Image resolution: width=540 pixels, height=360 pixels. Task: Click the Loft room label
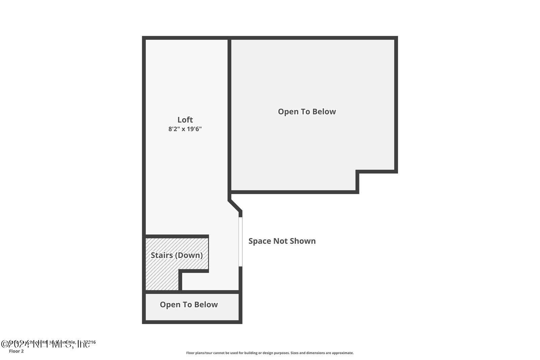[185, 120]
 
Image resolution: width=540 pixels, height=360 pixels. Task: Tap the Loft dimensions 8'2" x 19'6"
[185, 129]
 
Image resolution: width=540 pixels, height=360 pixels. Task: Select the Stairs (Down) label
[177, 255]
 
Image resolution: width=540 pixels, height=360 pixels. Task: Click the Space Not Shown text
[282, 241]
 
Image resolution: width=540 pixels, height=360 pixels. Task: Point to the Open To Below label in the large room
[306, 112]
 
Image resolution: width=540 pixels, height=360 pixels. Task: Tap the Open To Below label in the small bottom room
[189, 305]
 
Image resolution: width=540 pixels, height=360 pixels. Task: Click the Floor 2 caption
[16, 351]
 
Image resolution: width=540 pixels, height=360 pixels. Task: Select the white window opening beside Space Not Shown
[240, 241]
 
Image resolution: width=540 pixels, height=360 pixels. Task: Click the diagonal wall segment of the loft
[235, 206]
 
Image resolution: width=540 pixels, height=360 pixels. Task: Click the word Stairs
[162, 255]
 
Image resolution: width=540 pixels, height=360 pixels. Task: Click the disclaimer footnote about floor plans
[270, 353]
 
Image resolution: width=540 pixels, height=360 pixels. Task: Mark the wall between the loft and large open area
[230, 115]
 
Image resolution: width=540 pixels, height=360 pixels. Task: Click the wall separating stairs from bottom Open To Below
[192, 292]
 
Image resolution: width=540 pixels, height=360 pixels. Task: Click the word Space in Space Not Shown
[260, 241]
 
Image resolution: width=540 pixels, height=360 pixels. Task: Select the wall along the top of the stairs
[177, 236]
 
